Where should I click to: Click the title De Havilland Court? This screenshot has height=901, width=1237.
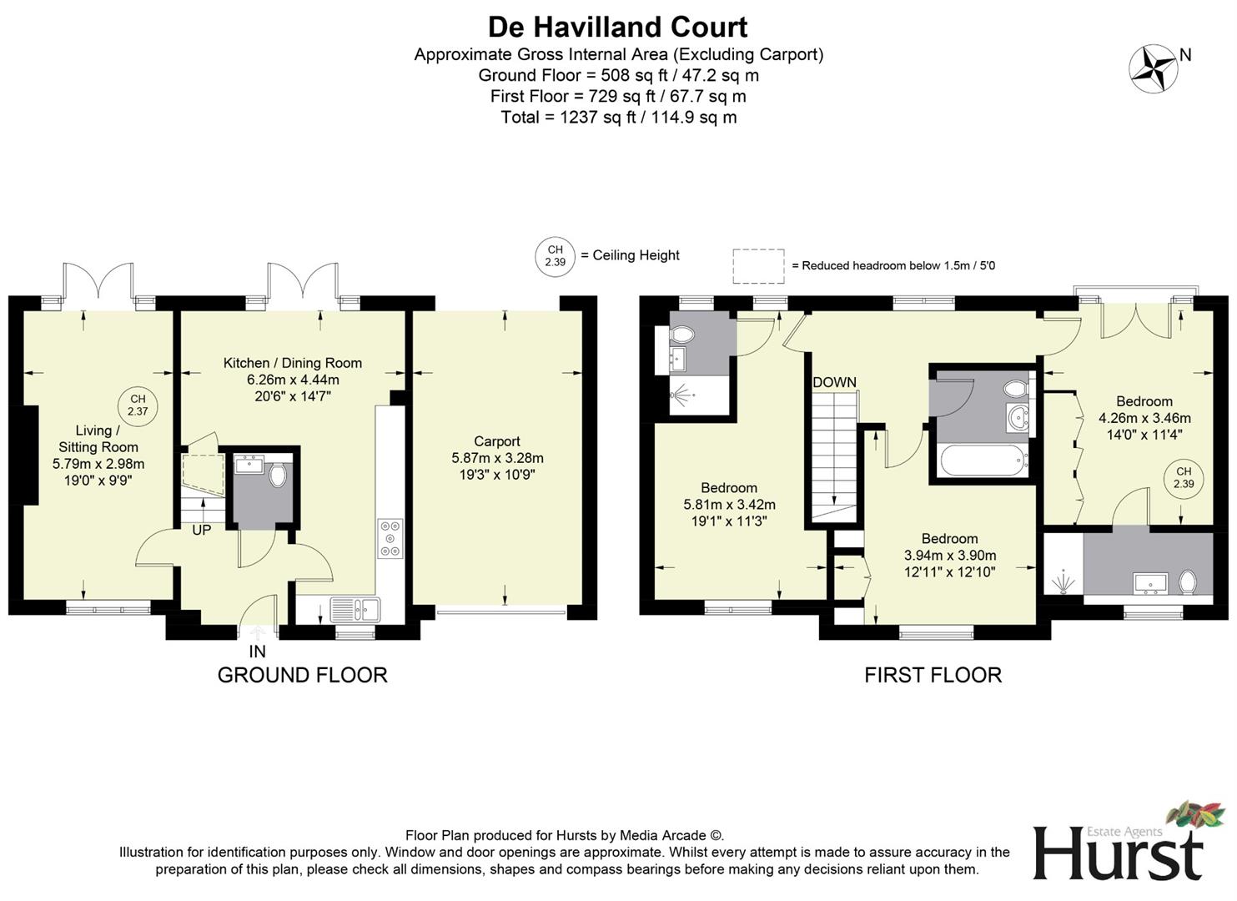617,27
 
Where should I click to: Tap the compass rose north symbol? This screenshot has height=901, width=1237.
1153,68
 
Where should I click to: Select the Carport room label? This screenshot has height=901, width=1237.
497,441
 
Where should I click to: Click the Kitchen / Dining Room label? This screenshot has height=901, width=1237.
292,363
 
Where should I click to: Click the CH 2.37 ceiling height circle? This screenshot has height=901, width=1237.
138,405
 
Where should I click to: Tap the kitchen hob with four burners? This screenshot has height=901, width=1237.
390,538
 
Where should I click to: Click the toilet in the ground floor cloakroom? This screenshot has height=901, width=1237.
278,476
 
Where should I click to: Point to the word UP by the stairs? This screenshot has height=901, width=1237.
202,530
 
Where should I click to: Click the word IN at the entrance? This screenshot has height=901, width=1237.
257,652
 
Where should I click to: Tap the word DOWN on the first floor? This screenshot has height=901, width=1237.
834,383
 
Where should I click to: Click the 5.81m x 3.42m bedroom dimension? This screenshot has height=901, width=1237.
729,505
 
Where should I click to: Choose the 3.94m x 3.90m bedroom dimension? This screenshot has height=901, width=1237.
950,556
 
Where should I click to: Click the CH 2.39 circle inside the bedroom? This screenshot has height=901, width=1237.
1184,478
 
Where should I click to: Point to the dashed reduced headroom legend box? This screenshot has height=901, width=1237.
758,265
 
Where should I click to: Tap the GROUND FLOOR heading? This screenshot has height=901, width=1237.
302,675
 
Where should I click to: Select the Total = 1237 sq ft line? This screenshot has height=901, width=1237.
618,117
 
